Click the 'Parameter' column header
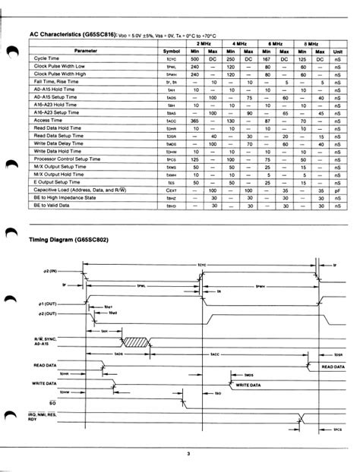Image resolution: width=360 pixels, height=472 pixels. [x=85, y=51]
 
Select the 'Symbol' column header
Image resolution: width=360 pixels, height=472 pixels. [x=171, y=51]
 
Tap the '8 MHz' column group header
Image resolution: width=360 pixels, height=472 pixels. [x=310, y=44]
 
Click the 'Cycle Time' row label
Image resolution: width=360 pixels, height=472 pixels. [x=47, y=58]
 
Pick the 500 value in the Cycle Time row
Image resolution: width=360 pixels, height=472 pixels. [x=194, y=58]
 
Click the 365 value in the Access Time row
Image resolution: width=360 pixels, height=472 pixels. [x=194, y=120]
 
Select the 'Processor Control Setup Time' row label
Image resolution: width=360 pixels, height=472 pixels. [x=68, y=159]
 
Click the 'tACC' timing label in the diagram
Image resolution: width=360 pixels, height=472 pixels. [x=215, y=354]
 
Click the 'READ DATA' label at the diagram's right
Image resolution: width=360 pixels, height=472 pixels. [x=333, y=367]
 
